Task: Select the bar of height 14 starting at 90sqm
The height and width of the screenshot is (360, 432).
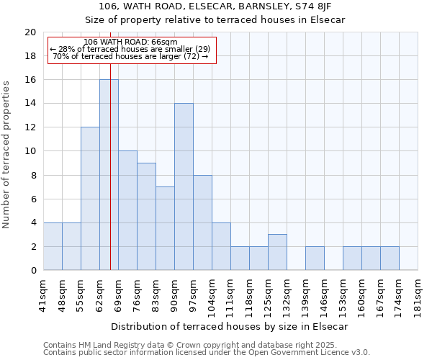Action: [x=184, y=187]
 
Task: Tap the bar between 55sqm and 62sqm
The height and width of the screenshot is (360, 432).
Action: [x=90, y=199]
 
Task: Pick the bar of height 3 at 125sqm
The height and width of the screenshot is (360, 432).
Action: [x=277, y=252]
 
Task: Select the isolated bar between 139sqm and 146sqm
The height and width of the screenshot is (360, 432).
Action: [x=315, y=258]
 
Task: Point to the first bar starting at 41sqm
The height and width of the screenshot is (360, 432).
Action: [x=53, y=246]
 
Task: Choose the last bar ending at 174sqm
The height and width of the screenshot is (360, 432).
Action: [x=390, y=258]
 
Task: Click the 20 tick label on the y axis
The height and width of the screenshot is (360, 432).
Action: [x=30, y=32]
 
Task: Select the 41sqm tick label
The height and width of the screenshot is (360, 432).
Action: [x=44, y=295]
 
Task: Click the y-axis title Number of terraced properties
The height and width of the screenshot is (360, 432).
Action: [x=7, y=154]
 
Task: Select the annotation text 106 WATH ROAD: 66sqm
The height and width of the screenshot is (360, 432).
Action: [x=130, y=42]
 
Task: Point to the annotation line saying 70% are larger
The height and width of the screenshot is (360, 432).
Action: [x=130, y=56]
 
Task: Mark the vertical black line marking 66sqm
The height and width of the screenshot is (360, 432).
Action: [x=110, y=144]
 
